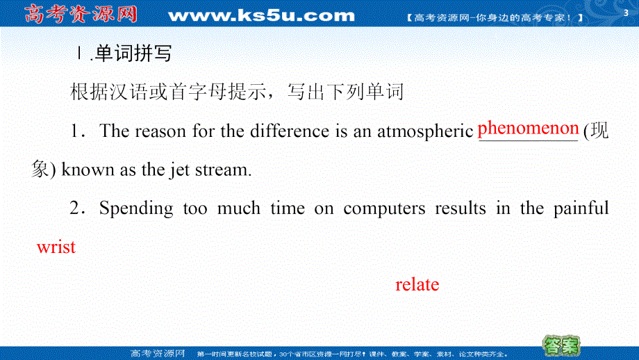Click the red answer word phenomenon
pyautogui.click(x=529, y=129)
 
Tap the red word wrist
pyautogui.click(x=56, y=247)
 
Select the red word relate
pyautogui.click(x=417, y=284)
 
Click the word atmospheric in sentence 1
pyautogui.click(x=424, y=131)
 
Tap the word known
pyautogui.click(x=87, y=170)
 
